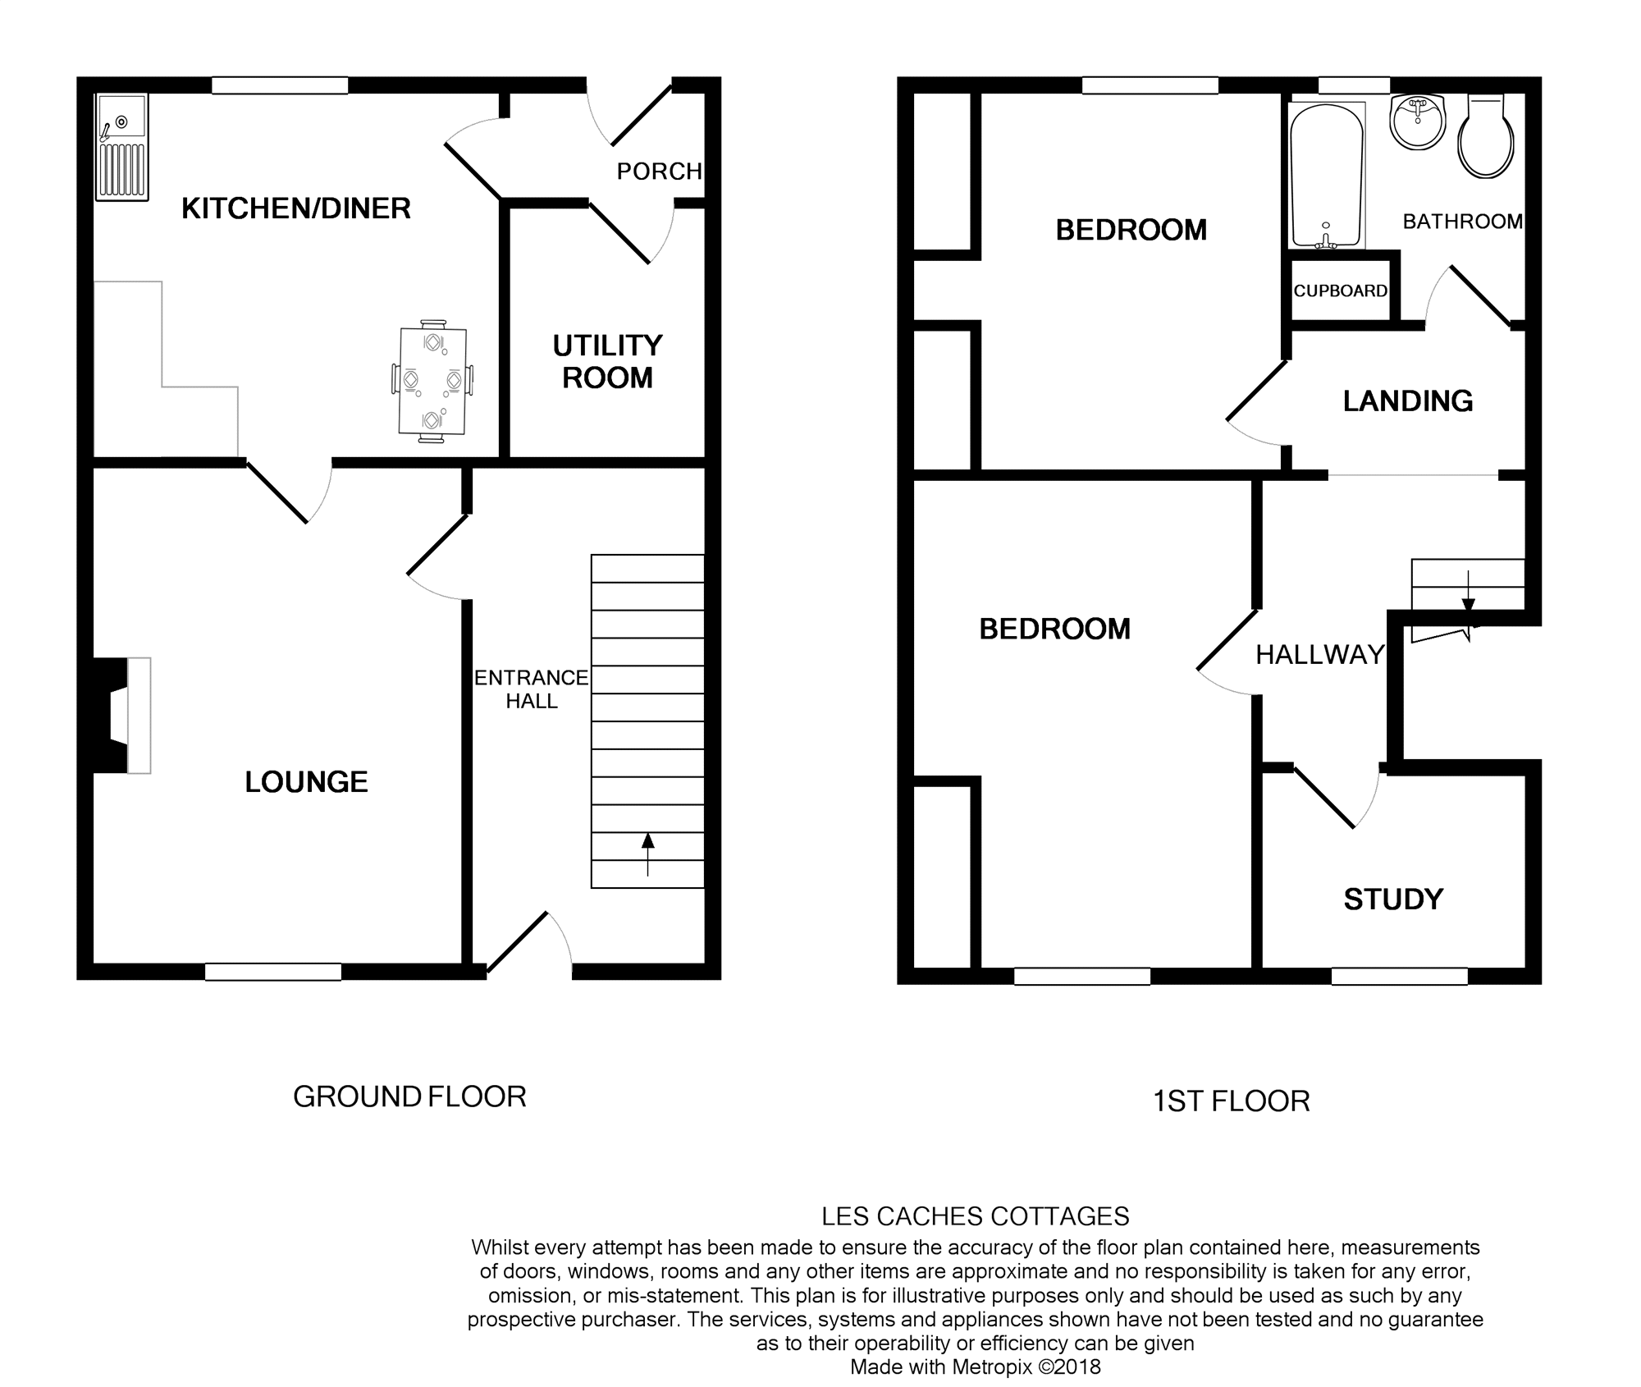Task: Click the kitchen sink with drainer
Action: pyautogui.click(x=122, y=147)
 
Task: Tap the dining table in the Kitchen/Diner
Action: pyautogui.click(x=432, y=381)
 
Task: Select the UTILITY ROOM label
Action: pyautogui.click(x=607, y=361)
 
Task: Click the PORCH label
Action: pyautogui.click(x=659, y=171)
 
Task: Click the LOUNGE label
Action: pyautogui.click(x=306, y=781)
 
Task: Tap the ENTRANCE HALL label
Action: pyautogui.click(x=531, y=689)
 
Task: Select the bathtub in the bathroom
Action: pyautogui.click(x=1327, y=176)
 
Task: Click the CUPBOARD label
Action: pyautogui.click(x=1340, y=291)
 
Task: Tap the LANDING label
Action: pyautogui.click(x=1407, y=401)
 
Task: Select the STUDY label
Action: pyautogui.click(x=1392, y=899)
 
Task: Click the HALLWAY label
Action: pyautogui.click(x=1319, y=654)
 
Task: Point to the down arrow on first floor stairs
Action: pyautogui.click(x=1468, y=603)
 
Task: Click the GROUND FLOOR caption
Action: pyautogui.click(x=409, y=1096)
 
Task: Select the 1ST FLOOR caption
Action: pyautogui.click(x=1231, y=1101)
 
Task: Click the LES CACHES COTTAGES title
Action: pyautogui.click(x=975, y=1215)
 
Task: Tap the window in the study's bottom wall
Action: pyautogui.click(x=1399, y=976)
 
